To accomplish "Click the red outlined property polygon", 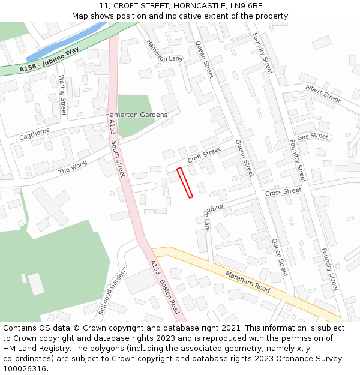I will click(x=185, y=182).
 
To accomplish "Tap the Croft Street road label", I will click(x=204, y=156).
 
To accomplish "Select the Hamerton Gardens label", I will click(x=136, y=115).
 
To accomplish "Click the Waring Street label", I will click(x=62, y=95).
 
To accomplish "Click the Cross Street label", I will click(x=283, y=192).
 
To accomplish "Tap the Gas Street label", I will click(x=313, y=137).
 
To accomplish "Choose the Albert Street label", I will click(x=323, y=93).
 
